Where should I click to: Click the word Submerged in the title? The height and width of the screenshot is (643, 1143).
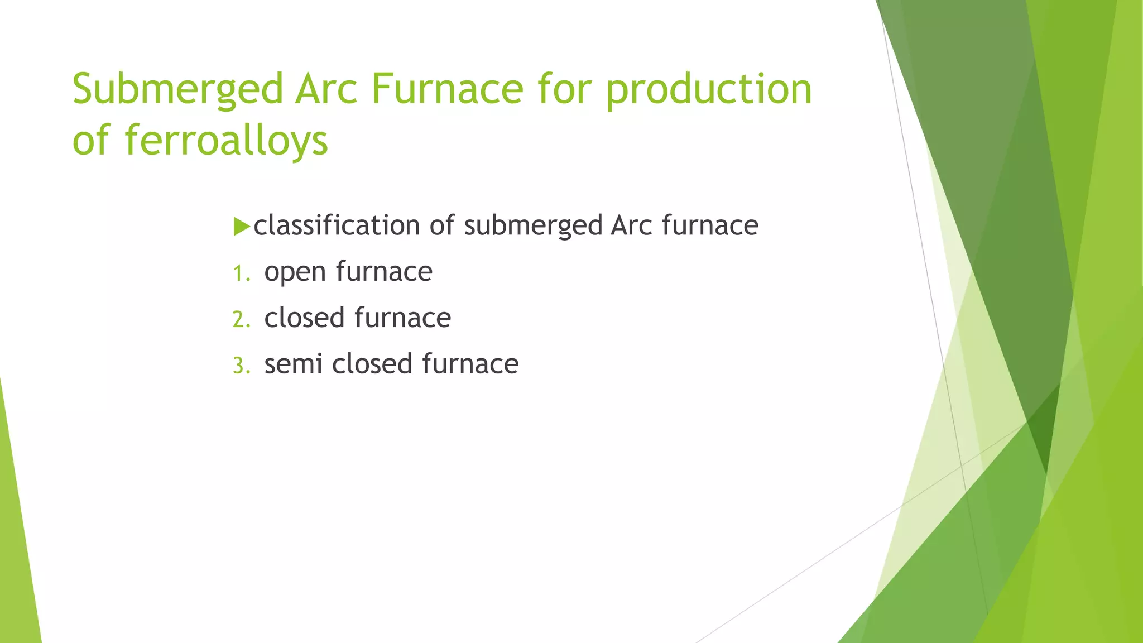click(x=178, y=89)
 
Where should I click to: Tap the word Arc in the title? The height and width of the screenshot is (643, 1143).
click(x=326, y=89)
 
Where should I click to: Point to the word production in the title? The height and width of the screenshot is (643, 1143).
click(x=709, y=89)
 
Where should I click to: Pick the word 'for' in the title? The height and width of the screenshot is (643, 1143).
click(x=564, y=89)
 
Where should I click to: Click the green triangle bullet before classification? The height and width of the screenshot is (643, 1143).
click(x=241, y=227)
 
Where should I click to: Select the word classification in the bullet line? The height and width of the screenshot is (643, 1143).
click(x=337, y=225)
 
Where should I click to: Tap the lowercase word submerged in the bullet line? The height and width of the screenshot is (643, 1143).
click(x=533, y=225)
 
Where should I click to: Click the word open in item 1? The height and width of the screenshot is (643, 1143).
click(x=295, y=272)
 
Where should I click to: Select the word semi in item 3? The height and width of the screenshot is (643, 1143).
click(x=293, y=364)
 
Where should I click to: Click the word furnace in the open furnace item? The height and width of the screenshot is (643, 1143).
click(x=384, y=272)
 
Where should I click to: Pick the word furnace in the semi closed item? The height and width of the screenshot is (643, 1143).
click(x=470, y=364)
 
